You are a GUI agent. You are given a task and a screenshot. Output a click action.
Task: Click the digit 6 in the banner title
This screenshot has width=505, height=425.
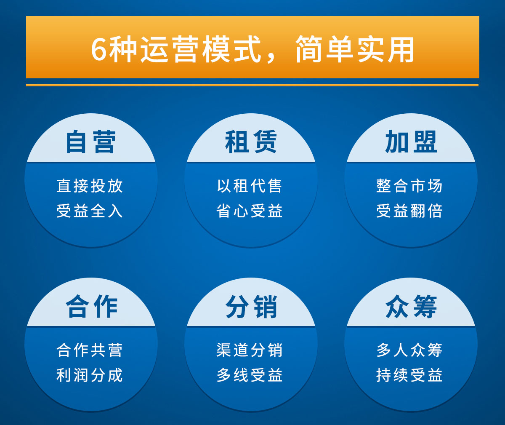pos(98,49)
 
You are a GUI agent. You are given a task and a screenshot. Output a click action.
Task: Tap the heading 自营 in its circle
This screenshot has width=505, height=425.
pos(91,142)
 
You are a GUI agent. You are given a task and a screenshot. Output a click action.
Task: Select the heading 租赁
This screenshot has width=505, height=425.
pos(251,142)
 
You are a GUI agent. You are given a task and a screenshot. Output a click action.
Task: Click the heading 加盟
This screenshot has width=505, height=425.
pos(411,142)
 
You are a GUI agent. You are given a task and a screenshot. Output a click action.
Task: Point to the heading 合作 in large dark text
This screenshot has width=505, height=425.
pos(91,306)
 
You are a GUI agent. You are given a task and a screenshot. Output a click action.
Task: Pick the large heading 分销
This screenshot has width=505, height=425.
pos(251,306)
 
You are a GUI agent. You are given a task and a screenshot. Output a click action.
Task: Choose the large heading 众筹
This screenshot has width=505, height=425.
pos(411,306)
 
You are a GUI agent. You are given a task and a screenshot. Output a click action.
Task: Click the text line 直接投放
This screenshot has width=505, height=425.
pos(90,186)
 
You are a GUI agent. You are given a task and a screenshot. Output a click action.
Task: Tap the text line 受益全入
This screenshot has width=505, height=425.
pos(90,211)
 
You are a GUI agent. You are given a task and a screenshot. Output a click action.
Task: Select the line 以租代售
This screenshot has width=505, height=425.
pos(250,186)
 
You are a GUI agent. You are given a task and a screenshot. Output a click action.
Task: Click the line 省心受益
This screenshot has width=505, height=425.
pos(250,211)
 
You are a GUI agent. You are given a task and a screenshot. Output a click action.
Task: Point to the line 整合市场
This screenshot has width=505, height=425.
pos(409,186)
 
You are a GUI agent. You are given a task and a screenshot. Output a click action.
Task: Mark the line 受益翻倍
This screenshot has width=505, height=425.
pos(409,211)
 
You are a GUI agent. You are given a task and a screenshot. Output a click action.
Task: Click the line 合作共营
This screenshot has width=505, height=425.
pos(90,350)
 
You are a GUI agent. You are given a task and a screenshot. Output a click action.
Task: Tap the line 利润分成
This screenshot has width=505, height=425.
pos(90,375)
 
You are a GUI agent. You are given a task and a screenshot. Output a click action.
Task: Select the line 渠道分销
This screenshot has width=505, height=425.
pos(250,350)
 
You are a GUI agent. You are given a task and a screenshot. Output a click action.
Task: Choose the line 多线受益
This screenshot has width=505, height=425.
pos(250,375)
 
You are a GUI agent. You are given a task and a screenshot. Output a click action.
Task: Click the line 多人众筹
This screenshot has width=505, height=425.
pos(409,350)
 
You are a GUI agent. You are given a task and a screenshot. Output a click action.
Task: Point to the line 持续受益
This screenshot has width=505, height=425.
pos(409,375)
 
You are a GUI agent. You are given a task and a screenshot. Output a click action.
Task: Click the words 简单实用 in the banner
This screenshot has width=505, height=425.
pos(355,49)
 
